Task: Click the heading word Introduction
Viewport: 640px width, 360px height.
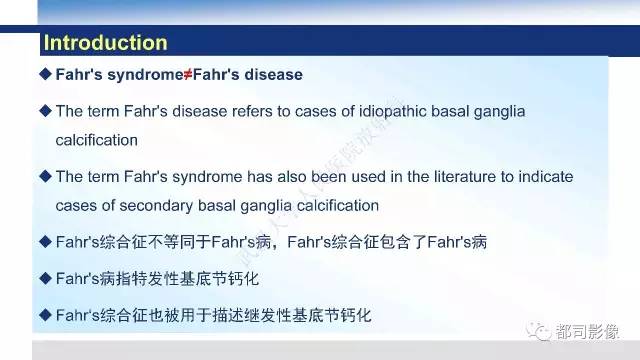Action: coord(105,43)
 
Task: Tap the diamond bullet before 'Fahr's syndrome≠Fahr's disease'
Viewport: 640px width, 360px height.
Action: coord(44,75)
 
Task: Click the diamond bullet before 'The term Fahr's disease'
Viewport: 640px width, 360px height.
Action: coord(44,109)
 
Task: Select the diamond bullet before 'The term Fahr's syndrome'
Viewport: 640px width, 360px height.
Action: coord(44,176)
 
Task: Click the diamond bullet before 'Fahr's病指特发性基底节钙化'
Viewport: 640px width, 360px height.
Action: coord(44,277)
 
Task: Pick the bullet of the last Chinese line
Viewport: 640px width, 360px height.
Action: coord(44,314)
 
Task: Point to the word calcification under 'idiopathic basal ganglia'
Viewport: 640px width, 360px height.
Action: coord(97,140)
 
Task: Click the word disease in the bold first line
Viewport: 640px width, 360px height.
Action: coord(273,75)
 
